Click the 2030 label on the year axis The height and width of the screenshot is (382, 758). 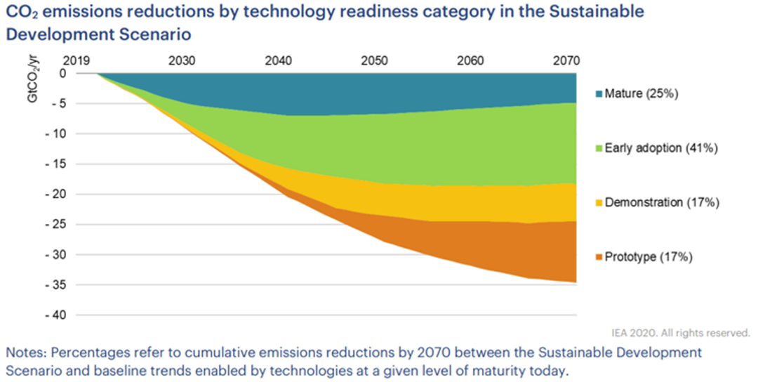coord(182,61)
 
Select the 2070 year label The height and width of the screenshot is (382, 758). coord(566,61)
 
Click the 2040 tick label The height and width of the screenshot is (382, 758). coord(279,61)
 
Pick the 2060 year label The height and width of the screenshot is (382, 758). coord(470,61)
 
